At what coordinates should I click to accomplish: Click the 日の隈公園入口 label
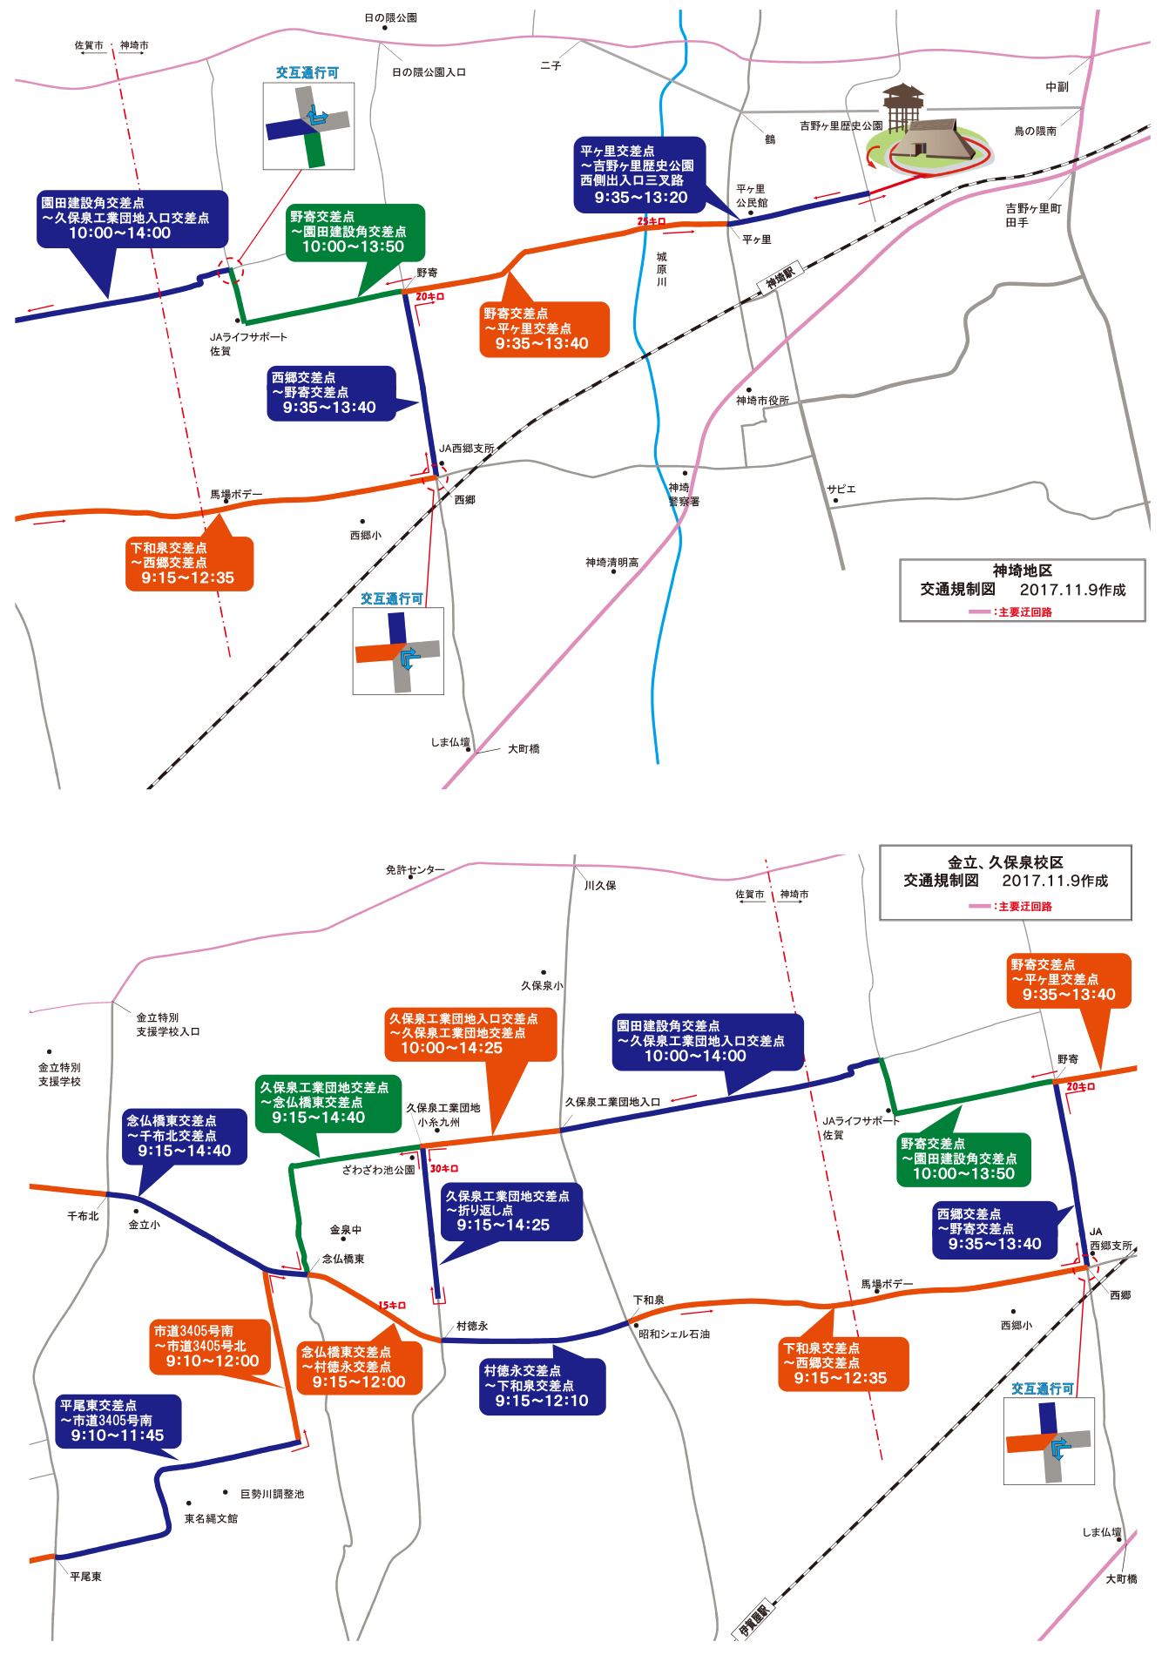(x=429, y=72)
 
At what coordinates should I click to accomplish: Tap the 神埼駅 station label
(x=780, y=277)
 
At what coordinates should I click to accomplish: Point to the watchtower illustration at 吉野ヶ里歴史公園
(x=903, y=109)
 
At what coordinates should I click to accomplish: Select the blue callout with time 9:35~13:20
(x=639, y=175)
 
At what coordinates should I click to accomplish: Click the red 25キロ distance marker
(x=652, y=221)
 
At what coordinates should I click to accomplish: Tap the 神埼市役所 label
(x=762, y=401)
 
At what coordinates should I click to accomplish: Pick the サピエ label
(x=841, y=489)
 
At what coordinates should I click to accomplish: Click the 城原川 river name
(x=662, y=269)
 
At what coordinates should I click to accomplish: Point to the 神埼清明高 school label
(x=612, y=563)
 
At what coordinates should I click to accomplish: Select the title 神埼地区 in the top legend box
(x=1023, y=571)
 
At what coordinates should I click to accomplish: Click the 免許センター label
(x=415, y=869)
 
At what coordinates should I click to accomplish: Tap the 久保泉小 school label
(x=542, y=985)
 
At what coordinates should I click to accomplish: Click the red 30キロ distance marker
(x=444, y=1168)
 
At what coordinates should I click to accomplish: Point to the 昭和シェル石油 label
(x=674, y=1334)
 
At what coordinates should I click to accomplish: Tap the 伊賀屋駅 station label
(x=753, y=1619)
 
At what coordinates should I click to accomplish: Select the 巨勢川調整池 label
(x=273, y=1494)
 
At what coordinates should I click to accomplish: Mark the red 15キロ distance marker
(x=392, y=1305)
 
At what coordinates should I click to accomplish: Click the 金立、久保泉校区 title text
(x=1005, y=862)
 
